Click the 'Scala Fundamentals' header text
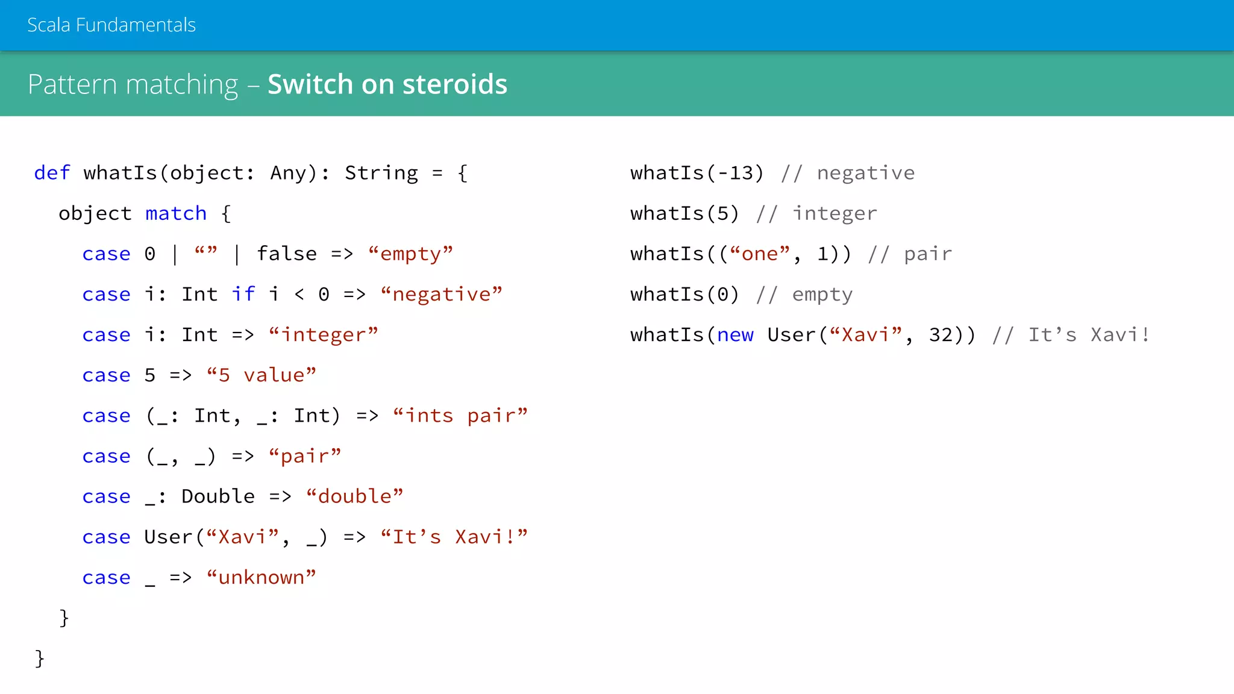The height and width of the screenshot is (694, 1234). point(111,25)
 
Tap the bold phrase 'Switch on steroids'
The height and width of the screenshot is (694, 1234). point(387,84)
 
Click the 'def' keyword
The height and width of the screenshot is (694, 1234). point(52,173)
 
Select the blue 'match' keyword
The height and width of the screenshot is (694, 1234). point(176,213)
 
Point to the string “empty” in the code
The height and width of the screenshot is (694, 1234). point(410,254)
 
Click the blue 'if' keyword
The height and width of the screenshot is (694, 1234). point(243,294)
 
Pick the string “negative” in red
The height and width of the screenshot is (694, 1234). point(442,294)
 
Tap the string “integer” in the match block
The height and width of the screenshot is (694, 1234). point(324,334)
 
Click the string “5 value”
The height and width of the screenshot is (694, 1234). point(261,375)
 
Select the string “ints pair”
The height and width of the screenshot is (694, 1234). point(460,415)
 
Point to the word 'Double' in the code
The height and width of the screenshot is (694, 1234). point(218,496)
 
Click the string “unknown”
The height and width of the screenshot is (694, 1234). point(261,577)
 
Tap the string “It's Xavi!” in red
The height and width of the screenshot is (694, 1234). point(454,536)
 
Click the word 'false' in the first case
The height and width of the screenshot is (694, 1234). point(287,254)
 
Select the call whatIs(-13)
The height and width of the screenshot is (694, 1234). point(697,173)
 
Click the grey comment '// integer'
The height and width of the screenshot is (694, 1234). point(816,213)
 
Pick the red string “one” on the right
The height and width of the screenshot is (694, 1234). point(760,254)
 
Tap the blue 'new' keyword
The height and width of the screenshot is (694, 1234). point(735,334)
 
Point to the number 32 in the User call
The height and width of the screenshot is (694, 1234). point(941,334)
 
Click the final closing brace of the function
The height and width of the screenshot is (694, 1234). point(40,658)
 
